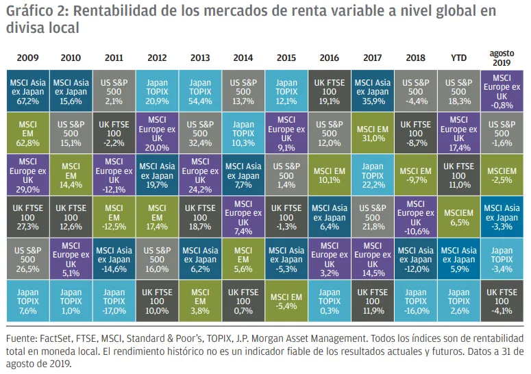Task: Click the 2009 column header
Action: coord(27,58)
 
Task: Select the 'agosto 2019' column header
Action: coord(502,58)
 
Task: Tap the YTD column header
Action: coord(459,58)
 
